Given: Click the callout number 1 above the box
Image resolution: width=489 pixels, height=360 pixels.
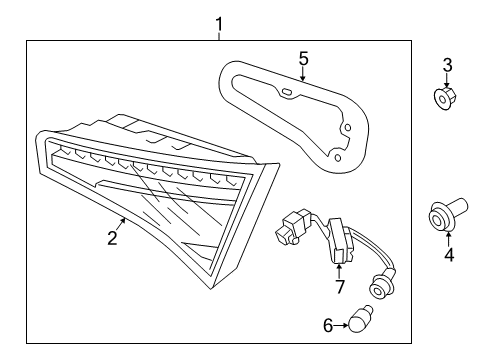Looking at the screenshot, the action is pos(219,25).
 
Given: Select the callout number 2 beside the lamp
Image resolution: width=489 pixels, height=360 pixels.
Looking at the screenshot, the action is pos(112,238).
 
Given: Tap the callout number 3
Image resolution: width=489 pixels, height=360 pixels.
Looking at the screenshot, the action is pos(447,65).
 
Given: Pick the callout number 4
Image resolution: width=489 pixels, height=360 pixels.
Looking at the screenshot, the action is pos(449,255).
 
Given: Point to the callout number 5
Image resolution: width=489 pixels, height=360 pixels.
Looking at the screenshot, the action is pos(303,58).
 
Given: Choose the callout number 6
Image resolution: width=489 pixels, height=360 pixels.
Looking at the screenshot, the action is pos(328,325).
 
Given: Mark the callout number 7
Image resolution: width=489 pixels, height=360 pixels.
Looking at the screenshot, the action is pos(339,287).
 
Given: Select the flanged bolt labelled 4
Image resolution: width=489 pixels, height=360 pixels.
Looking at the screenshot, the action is pos(448,214).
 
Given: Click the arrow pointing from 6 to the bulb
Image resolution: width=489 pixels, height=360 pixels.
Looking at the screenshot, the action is pos(341,325).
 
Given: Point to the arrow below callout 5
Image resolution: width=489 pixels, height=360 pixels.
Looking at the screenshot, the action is pos(302,74).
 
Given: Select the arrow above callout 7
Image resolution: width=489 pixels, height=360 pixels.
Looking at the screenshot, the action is pos(339,271).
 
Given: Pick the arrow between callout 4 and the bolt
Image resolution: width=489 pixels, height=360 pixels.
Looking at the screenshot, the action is pos(449,239).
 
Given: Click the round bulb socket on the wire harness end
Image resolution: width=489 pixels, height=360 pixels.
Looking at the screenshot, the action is pos(379,287).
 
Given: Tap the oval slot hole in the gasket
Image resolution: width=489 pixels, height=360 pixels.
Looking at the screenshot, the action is pos(286,92).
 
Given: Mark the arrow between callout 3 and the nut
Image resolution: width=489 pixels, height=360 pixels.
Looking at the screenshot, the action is pos(446,81).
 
